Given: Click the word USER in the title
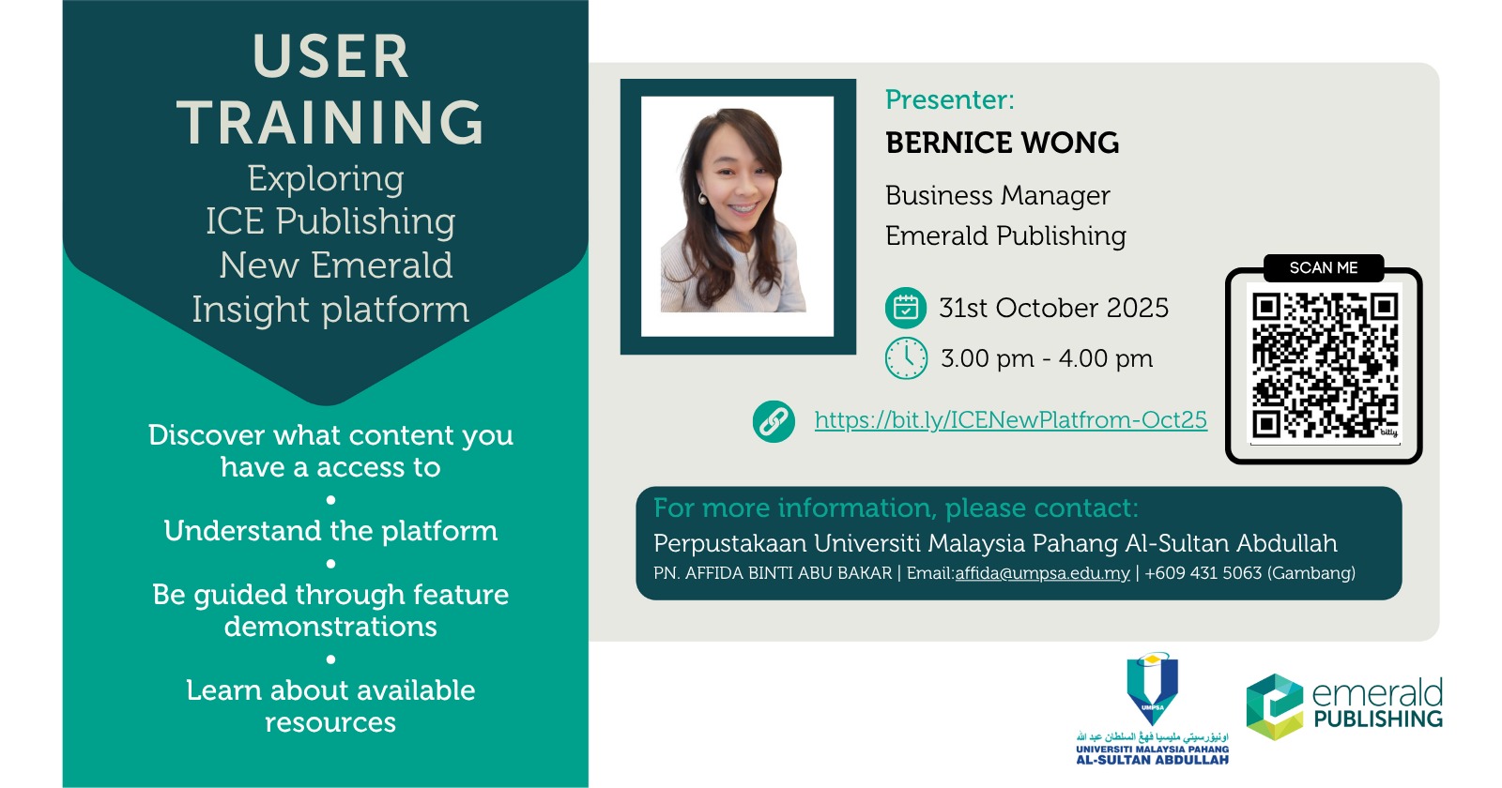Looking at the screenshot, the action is (330, 56).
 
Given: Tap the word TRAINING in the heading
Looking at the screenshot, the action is (330, 122).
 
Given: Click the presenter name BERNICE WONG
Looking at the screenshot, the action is (1002, 143).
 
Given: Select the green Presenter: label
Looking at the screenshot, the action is (949, 99).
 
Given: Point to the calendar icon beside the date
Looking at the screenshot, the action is (906, 308).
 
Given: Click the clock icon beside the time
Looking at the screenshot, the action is (906, 358).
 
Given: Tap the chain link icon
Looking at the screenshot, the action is (774, 421).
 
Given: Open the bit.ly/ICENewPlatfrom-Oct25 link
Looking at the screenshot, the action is (1010, 420).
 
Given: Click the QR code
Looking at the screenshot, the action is (1325, 365).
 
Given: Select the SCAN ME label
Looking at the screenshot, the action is (1324, 268).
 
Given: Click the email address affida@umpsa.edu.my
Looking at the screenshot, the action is (1042, 573).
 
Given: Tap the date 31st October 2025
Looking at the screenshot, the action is (1053, 309).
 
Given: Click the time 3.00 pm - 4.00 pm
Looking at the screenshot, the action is (1047, 358).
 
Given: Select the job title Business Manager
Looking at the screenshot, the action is (998, 196).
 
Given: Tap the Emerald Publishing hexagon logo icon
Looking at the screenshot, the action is (1275, 707).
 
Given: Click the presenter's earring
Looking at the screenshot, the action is (703, 198).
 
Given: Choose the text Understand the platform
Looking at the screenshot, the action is (330, 531).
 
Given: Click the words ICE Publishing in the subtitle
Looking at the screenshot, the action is (330, 221).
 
